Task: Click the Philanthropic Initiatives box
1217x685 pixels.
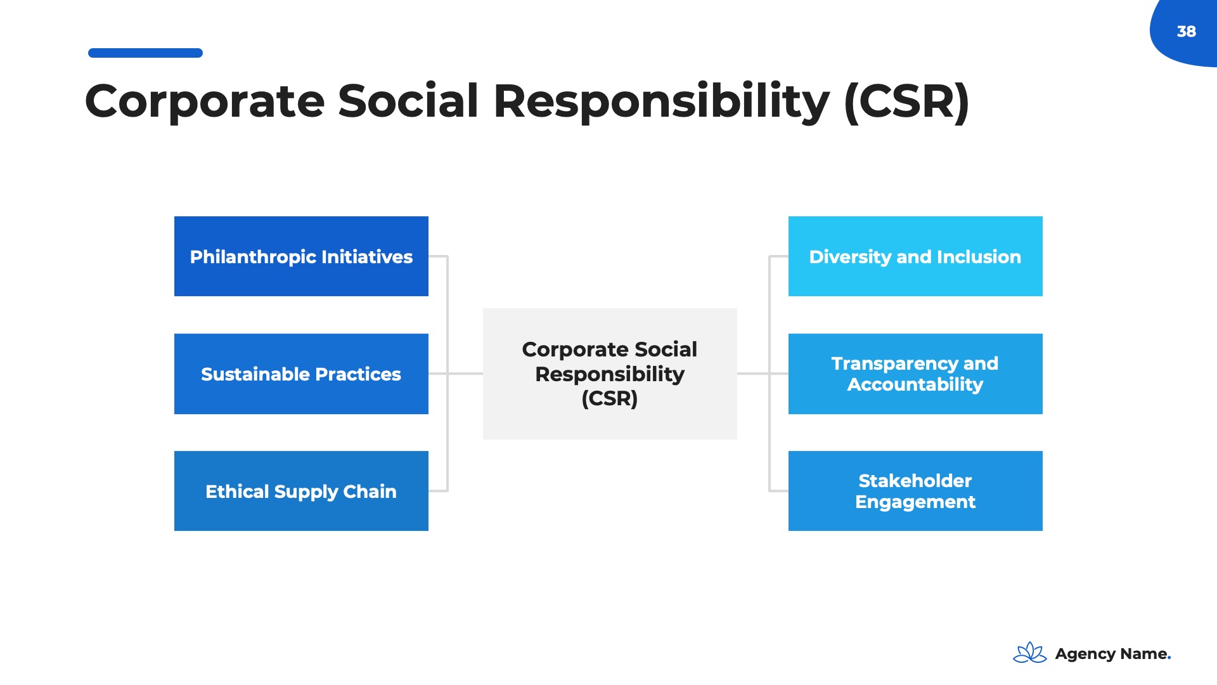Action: pyautogui.click(x=301, y=256)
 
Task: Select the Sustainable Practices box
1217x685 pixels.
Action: pyautogui.click(x=301, y=374)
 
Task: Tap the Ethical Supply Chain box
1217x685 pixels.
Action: pyautogui.click(x=301, y=491)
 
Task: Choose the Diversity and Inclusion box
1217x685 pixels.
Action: pyautogui.click(x=915, y=256)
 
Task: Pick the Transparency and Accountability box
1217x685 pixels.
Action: pyautogui.click(x=915, y=374)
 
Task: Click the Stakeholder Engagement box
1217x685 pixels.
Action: pyautogui.click(x=915, y=491)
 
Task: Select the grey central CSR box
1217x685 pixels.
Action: pyautogui.click(x=610, y=374)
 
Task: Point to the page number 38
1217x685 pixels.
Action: pyautogui.click(x=1187, y=31)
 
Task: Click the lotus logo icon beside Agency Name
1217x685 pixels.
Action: pyautogui.click(x=1030, y=653)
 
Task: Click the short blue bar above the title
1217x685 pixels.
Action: pyautogui.click(x=145, y=53)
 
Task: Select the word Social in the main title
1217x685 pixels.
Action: pyautogui.click(x=408, y=101)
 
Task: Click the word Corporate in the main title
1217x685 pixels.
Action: pyautogui.click(x=205, y=102)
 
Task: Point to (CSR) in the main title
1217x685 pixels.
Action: pyautogui.click(x=906, y=101)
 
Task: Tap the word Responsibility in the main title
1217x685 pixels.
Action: pyautogui.click(x=661, y=102)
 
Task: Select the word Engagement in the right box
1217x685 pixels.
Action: pyautogui.click(x=915, y=502)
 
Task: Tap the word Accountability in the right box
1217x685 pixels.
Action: pyautogui.click(x=915, y=384)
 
